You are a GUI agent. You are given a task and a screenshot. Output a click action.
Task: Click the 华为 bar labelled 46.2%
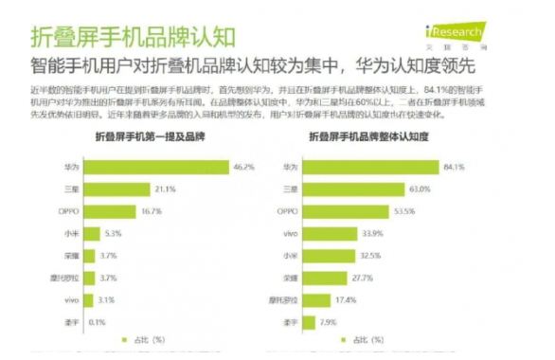coord(165,167)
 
